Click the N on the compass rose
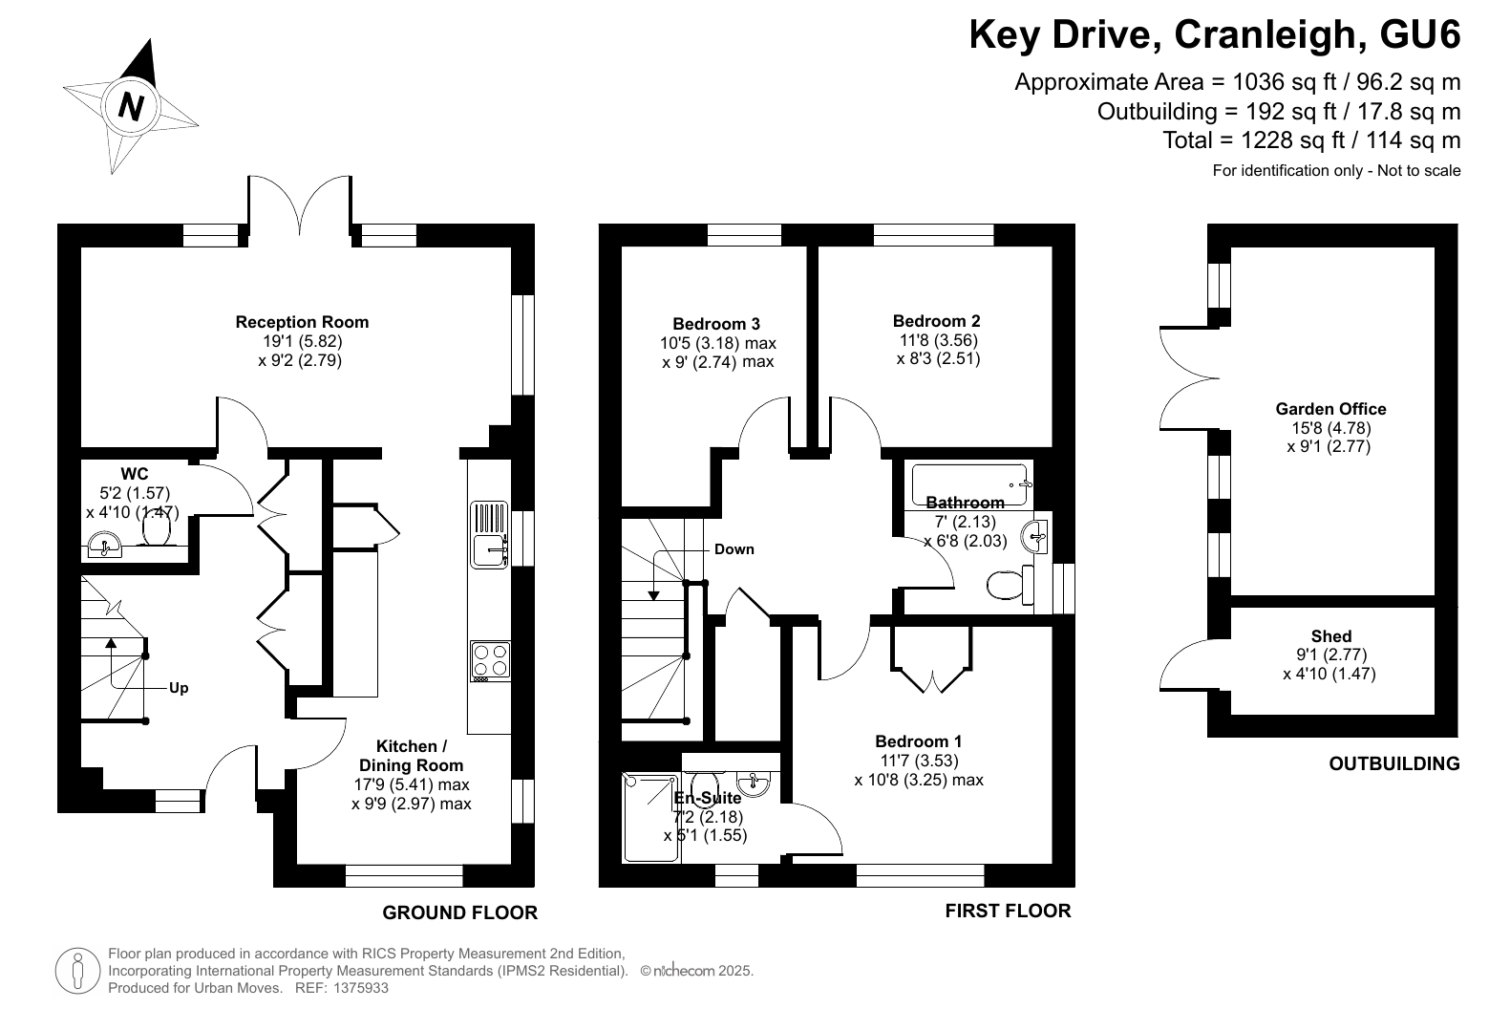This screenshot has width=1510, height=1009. coord(131,107)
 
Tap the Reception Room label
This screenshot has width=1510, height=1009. coord(302,322)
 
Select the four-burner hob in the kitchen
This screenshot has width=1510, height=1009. coord(490,661)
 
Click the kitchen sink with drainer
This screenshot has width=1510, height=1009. coord(489,535)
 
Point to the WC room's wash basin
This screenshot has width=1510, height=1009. coord(104,545)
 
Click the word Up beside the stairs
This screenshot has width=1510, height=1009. coord(179,688)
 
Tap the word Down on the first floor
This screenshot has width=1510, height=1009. coord(734,549)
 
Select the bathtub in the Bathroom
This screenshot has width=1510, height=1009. coord(969,484)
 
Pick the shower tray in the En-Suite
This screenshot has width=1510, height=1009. coord(650,818)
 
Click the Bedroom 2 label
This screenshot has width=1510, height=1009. coord(936,321)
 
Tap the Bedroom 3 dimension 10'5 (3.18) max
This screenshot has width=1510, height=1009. coord(718,343)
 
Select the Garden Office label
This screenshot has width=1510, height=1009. coord(1330,409)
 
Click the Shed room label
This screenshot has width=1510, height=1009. coord(1330,636)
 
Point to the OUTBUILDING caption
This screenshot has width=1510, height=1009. coord(1394,763)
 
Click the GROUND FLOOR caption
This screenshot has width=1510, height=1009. coord(459,913)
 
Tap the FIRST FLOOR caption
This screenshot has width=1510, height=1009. coord(1008,912)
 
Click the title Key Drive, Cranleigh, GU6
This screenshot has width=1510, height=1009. coord(1215,35)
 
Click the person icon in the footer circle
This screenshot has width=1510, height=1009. coord(78,971)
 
